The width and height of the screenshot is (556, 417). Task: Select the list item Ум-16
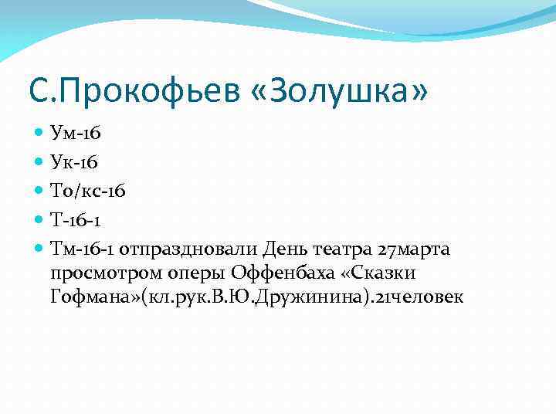click(x=76, y=134)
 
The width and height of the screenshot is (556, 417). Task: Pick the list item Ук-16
click(x=74, y=163)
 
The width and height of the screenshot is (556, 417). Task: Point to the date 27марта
click(x=417, y=249)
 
